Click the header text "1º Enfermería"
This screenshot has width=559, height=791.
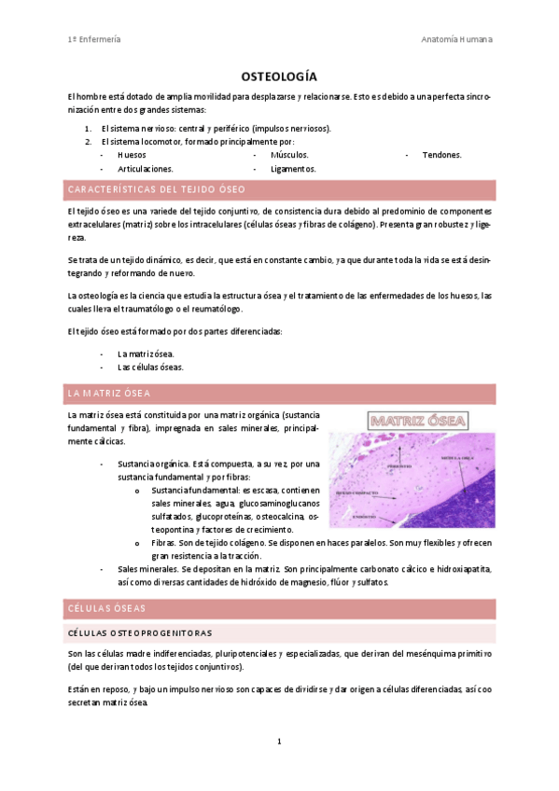click(94, 39)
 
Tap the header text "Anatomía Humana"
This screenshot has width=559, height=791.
click(457, 39)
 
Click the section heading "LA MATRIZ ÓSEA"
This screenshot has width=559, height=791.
click(110, 393)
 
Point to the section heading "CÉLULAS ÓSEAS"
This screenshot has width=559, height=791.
click(106, 608)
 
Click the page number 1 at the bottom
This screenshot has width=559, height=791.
click(279, 742)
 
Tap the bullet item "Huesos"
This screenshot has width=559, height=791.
click(132, 155)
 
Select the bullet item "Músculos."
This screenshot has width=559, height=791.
click(289, 155)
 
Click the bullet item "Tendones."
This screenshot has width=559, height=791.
click(441, 155)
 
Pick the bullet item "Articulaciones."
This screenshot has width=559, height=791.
click(146, 169)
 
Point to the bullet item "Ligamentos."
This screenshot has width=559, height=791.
click(293, 169)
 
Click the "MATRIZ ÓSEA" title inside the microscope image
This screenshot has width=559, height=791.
click(418, 423)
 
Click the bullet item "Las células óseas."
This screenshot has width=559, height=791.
click(150, 367)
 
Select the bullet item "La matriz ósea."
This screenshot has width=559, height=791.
click(146, 354)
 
